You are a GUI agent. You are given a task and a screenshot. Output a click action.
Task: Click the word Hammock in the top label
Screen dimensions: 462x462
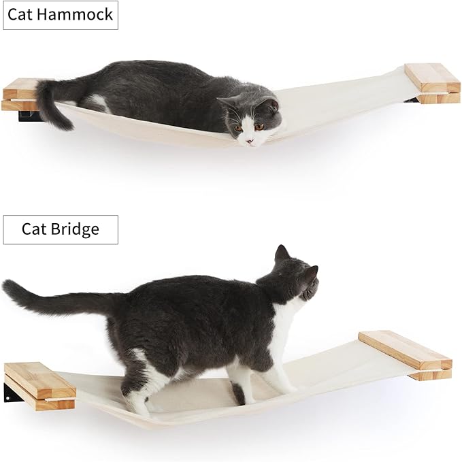[76, 14]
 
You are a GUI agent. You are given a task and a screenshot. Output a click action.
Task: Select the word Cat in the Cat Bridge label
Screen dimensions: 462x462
[34, 229]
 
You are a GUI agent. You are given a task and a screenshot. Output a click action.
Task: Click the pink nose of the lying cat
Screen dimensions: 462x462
[250, 142]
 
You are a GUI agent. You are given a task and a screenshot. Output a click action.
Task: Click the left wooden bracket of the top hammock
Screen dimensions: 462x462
[19, 95]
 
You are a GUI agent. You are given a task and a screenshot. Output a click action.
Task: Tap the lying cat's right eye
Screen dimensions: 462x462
[239, 127]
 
